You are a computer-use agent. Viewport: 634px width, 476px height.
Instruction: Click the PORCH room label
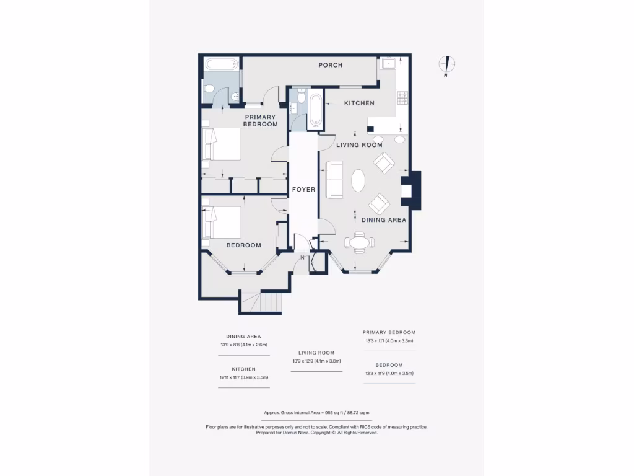[330, 65]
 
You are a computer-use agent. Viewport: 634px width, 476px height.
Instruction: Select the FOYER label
[304, 190]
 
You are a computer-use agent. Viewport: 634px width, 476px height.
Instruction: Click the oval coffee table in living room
[358, 182]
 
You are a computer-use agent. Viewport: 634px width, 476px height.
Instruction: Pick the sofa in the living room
[334, 180]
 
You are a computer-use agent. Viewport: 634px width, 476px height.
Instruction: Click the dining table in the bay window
[358, 242]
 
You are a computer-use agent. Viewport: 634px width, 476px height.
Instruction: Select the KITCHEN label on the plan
[359, 103]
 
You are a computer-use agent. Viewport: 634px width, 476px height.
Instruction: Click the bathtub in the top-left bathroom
[220, 64]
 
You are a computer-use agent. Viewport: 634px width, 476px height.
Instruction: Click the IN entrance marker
[302, 258]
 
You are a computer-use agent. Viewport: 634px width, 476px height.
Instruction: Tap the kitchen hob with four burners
[402, 97]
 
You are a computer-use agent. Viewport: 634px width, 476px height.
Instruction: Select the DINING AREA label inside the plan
[383, 219]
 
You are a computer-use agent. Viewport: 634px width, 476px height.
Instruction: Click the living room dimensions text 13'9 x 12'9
[316, 361]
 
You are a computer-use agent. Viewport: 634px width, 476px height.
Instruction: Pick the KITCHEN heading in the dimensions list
[243, 369]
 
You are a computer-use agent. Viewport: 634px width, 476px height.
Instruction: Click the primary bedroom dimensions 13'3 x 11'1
[388, 341]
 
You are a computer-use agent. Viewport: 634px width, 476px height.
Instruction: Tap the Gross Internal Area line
[316, 412]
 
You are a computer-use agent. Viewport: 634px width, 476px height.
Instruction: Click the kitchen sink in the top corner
[388, 63]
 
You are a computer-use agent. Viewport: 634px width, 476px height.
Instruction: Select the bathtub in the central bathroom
[315, 110]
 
